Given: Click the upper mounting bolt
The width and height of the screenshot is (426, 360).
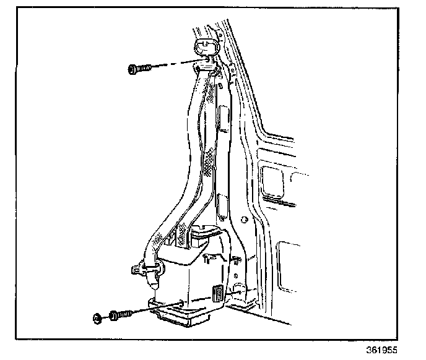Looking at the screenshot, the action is click(x=139, y=69).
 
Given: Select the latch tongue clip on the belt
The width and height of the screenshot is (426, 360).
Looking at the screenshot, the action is click(x=143, y=268).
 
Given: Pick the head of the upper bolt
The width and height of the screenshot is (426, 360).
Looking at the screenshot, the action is click(x=132, y=69).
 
